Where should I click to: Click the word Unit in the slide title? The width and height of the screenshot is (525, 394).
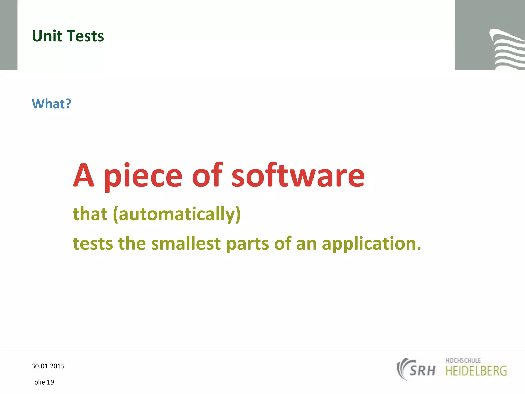pyautogui.click(x=47, y=36)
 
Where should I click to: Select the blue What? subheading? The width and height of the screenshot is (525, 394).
pyautogui.click(x=51, y=104)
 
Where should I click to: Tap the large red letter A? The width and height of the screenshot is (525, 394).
pyautogui.click(x=84, y=176)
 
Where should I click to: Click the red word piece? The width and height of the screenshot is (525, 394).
pyautogui.click(x=143, y=177)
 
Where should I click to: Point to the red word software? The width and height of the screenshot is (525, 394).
pyautogui.click(x=298, y=176)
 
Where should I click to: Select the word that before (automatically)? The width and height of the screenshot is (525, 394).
pyautogui.click(x=90, y=214)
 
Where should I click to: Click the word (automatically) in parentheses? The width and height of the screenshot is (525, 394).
pyautogui.click(x=177, y=214)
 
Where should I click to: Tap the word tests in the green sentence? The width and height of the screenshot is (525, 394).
pyautogui.click(x=93, y=243)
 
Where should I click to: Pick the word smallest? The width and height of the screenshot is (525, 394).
pyautogui.click(x=186, y=243)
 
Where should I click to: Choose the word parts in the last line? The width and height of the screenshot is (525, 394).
pyautogui.click(x=248, y=244)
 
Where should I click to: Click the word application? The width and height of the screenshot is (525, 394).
pyautogui.click(x=371, y=244)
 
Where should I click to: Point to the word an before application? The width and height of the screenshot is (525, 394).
pyautogui.click(x=306, y=244)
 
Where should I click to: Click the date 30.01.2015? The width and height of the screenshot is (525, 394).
pyautogui.click(x=48, y=366)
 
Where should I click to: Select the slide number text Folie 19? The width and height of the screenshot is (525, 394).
pyautogui.click(x=43, y=382)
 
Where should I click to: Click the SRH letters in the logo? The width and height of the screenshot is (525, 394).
pyautogui.click(x=422, y=371)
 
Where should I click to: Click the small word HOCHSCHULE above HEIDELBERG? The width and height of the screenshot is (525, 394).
pyautogui.click(x=463, y=360)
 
